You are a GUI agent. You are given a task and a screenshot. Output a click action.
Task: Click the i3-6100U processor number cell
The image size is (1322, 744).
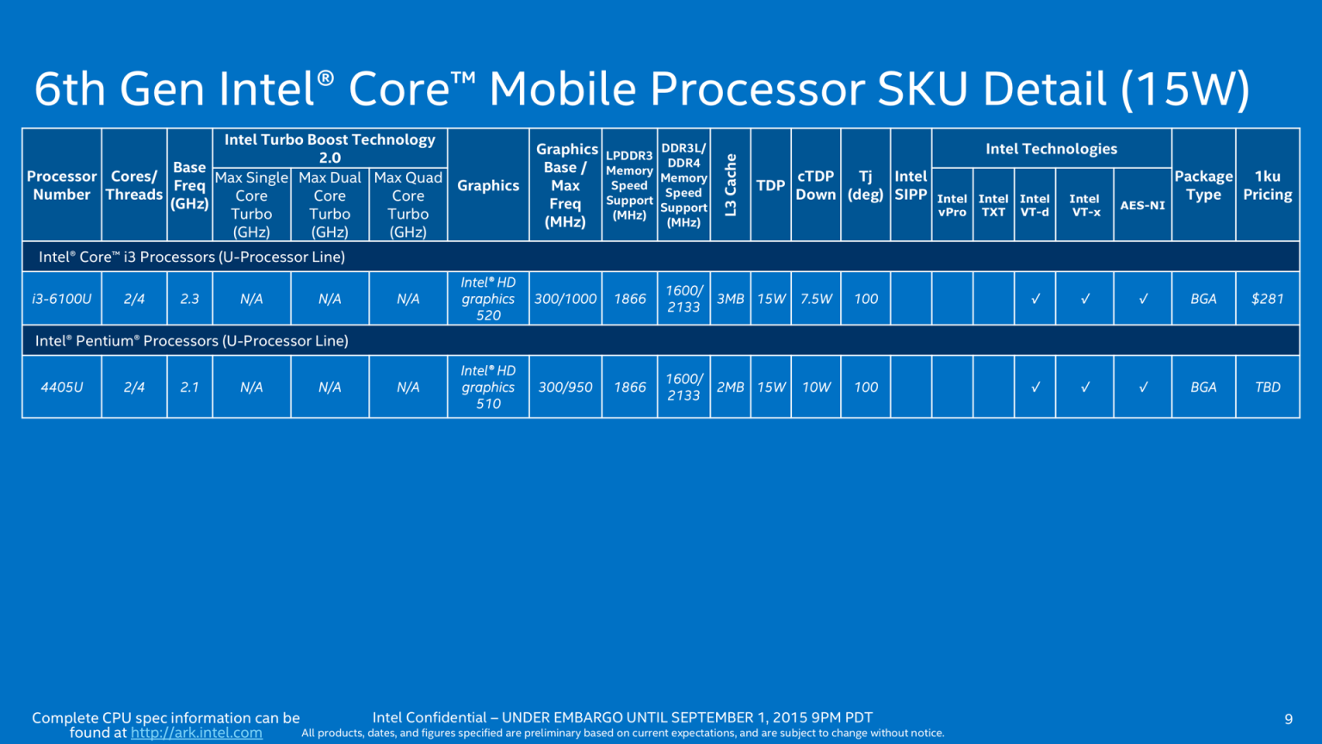[x=62, y=299]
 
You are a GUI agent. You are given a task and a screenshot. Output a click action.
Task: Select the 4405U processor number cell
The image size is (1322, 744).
[x=62, y=387]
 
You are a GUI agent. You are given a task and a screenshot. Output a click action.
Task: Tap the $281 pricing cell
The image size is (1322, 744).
[x=1267, y=299]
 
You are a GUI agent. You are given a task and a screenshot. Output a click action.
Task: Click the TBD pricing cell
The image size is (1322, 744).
[x=1267, y=387]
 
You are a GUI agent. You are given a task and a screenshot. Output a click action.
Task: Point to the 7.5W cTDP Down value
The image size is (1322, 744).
[x=816, y=299]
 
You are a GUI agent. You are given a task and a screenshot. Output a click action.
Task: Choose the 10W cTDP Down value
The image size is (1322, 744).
[x=816, y=387]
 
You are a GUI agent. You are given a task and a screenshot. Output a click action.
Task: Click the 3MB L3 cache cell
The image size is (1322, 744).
[x=730, y=299]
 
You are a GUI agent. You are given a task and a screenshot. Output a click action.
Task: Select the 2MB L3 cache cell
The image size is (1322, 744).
[x=730, y=387]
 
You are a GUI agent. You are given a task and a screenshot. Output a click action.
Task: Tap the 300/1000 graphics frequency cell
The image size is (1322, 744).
[x=565, y=299]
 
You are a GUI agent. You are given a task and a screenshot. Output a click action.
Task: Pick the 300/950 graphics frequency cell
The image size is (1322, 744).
[x=565, y=387]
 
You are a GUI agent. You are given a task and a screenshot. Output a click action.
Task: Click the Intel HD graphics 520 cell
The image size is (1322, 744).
[x=488, y=299]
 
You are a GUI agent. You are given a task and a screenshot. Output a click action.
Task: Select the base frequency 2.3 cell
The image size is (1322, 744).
[x=189, y=299]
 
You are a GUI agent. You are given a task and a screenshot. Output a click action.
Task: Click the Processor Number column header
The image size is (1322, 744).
[x=62, y=185]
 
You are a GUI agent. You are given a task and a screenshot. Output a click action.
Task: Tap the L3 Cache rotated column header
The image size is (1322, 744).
[x=730, y=185]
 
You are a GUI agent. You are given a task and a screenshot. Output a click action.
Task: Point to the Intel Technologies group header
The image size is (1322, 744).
[x=1051, y=149]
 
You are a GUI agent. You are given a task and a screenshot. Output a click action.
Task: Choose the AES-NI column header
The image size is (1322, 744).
[x=1142, y=205]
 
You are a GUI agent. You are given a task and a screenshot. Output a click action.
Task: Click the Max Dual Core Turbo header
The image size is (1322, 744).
[x=330, y=205]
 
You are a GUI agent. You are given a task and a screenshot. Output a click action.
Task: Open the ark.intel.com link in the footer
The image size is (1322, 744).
[x=196, y=733]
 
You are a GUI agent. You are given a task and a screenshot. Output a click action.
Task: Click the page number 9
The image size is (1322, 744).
[x=1288, y=719]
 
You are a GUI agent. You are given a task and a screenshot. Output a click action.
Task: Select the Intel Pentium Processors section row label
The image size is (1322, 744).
[x=192, y=341]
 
